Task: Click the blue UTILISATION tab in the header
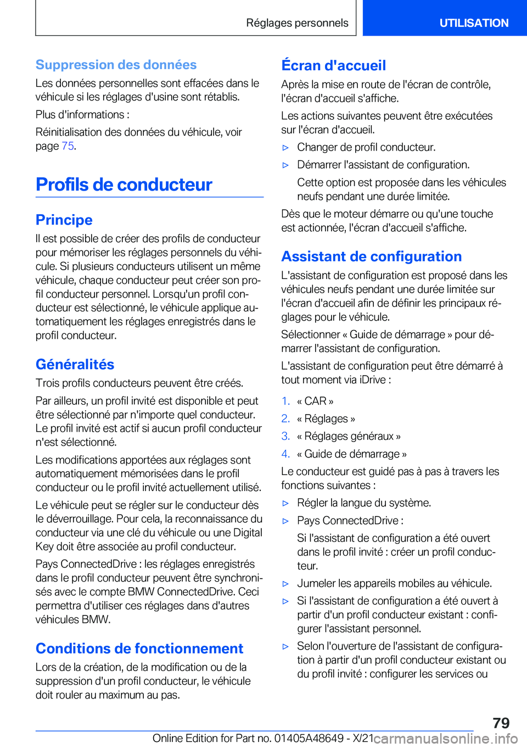point(473,23)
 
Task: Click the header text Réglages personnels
point(297,23)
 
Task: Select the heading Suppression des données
point(116,65)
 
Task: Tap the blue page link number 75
point(68,146)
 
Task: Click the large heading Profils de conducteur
point(124,185)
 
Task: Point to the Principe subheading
point(64,220)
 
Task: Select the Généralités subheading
point(75,364)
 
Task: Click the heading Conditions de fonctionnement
point(139,649)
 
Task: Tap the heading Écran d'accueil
point(334,65)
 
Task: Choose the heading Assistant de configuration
point(372,256)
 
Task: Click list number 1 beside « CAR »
point(285,401)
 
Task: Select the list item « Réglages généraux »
point(349,436)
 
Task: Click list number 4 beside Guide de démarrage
point(285,454)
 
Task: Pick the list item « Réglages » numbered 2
point(326,418)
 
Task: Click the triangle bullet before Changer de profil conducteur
point(285,148)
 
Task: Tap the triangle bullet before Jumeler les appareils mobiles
point(285,584)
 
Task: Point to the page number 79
point(501,723)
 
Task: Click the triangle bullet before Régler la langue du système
point(285,503)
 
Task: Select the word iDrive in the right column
point(373,379)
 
